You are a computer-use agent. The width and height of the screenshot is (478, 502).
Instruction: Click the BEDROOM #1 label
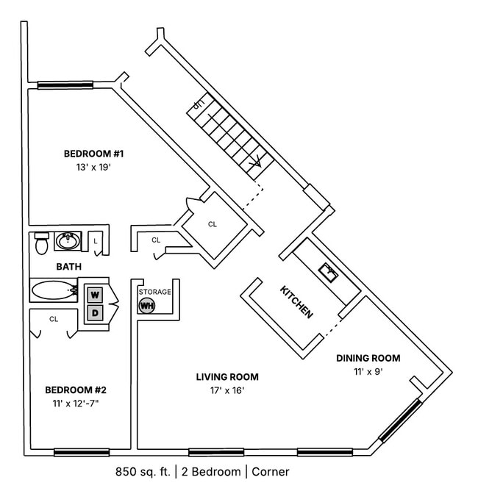93,154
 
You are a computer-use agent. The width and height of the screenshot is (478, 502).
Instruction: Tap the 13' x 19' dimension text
93,168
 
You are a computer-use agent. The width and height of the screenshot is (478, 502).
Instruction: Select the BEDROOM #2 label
76,390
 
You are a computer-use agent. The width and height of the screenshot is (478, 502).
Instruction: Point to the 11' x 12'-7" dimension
76,404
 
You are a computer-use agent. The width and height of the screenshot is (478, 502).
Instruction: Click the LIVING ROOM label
226,377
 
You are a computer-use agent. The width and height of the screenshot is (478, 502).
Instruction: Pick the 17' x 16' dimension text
226,391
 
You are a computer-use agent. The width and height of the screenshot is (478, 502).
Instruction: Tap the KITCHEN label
296,301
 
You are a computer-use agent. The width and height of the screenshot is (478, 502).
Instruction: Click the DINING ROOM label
368,358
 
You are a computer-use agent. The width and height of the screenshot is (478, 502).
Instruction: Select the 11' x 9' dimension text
368,372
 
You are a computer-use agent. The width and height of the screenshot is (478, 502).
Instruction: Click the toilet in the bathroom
42,243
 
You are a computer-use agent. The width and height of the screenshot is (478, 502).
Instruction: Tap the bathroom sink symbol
68,240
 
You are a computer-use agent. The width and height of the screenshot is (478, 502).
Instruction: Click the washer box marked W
95,295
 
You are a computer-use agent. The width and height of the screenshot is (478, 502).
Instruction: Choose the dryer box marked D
95,313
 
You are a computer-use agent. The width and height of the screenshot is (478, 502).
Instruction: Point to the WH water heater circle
147,305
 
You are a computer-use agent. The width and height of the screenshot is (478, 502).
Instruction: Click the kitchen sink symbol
329,273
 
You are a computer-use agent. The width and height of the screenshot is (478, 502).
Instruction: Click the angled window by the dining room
400,420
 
